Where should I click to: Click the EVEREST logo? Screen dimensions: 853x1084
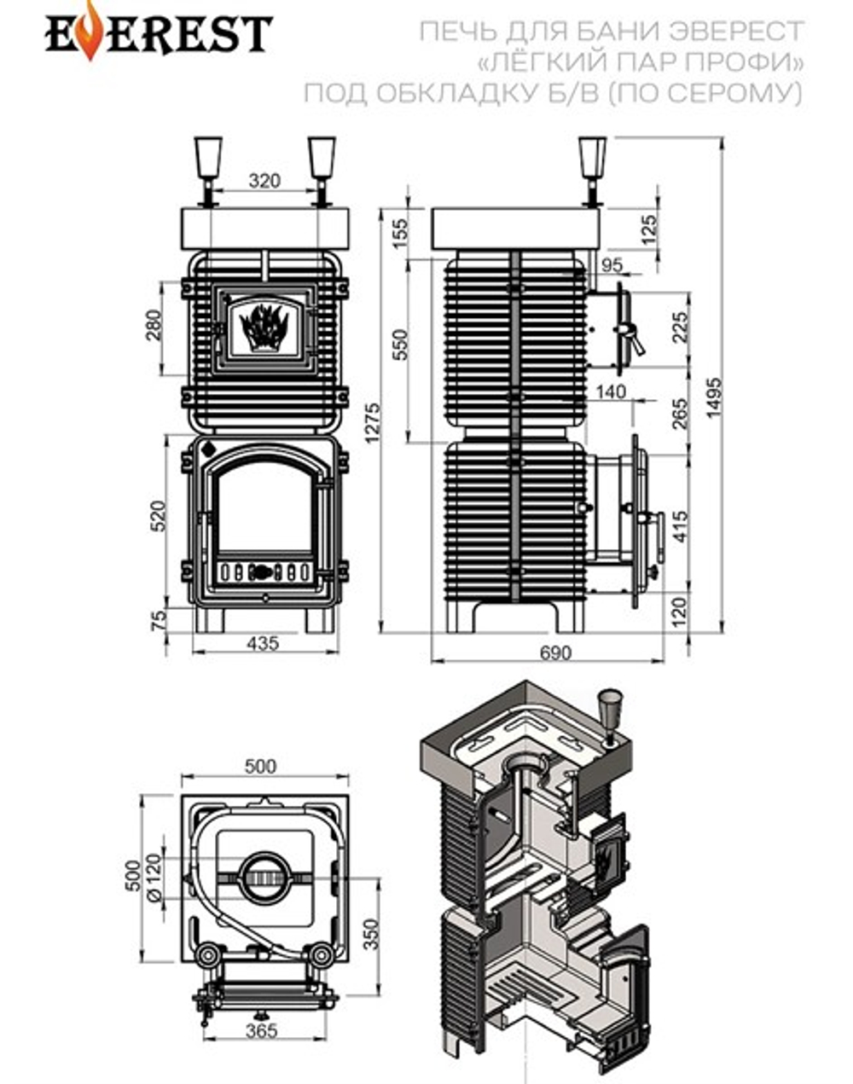click(160, 32)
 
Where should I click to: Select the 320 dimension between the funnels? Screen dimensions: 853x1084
click(264, 180)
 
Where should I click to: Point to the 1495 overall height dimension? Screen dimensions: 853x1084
click(714, 397)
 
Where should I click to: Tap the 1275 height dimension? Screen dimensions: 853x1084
click(373, 423)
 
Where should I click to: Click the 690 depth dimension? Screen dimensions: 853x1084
click(556, 652)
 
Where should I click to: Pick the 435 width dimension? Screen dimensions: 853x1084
click(263, 643)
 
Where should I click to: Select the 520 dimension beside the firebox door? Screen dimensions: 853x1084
click(158, 515)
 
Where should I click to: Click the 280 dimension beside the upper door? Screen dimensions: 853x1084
click(154, 326)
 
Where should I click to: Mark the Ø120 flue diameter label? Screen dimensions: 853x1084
click(154, 877)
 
